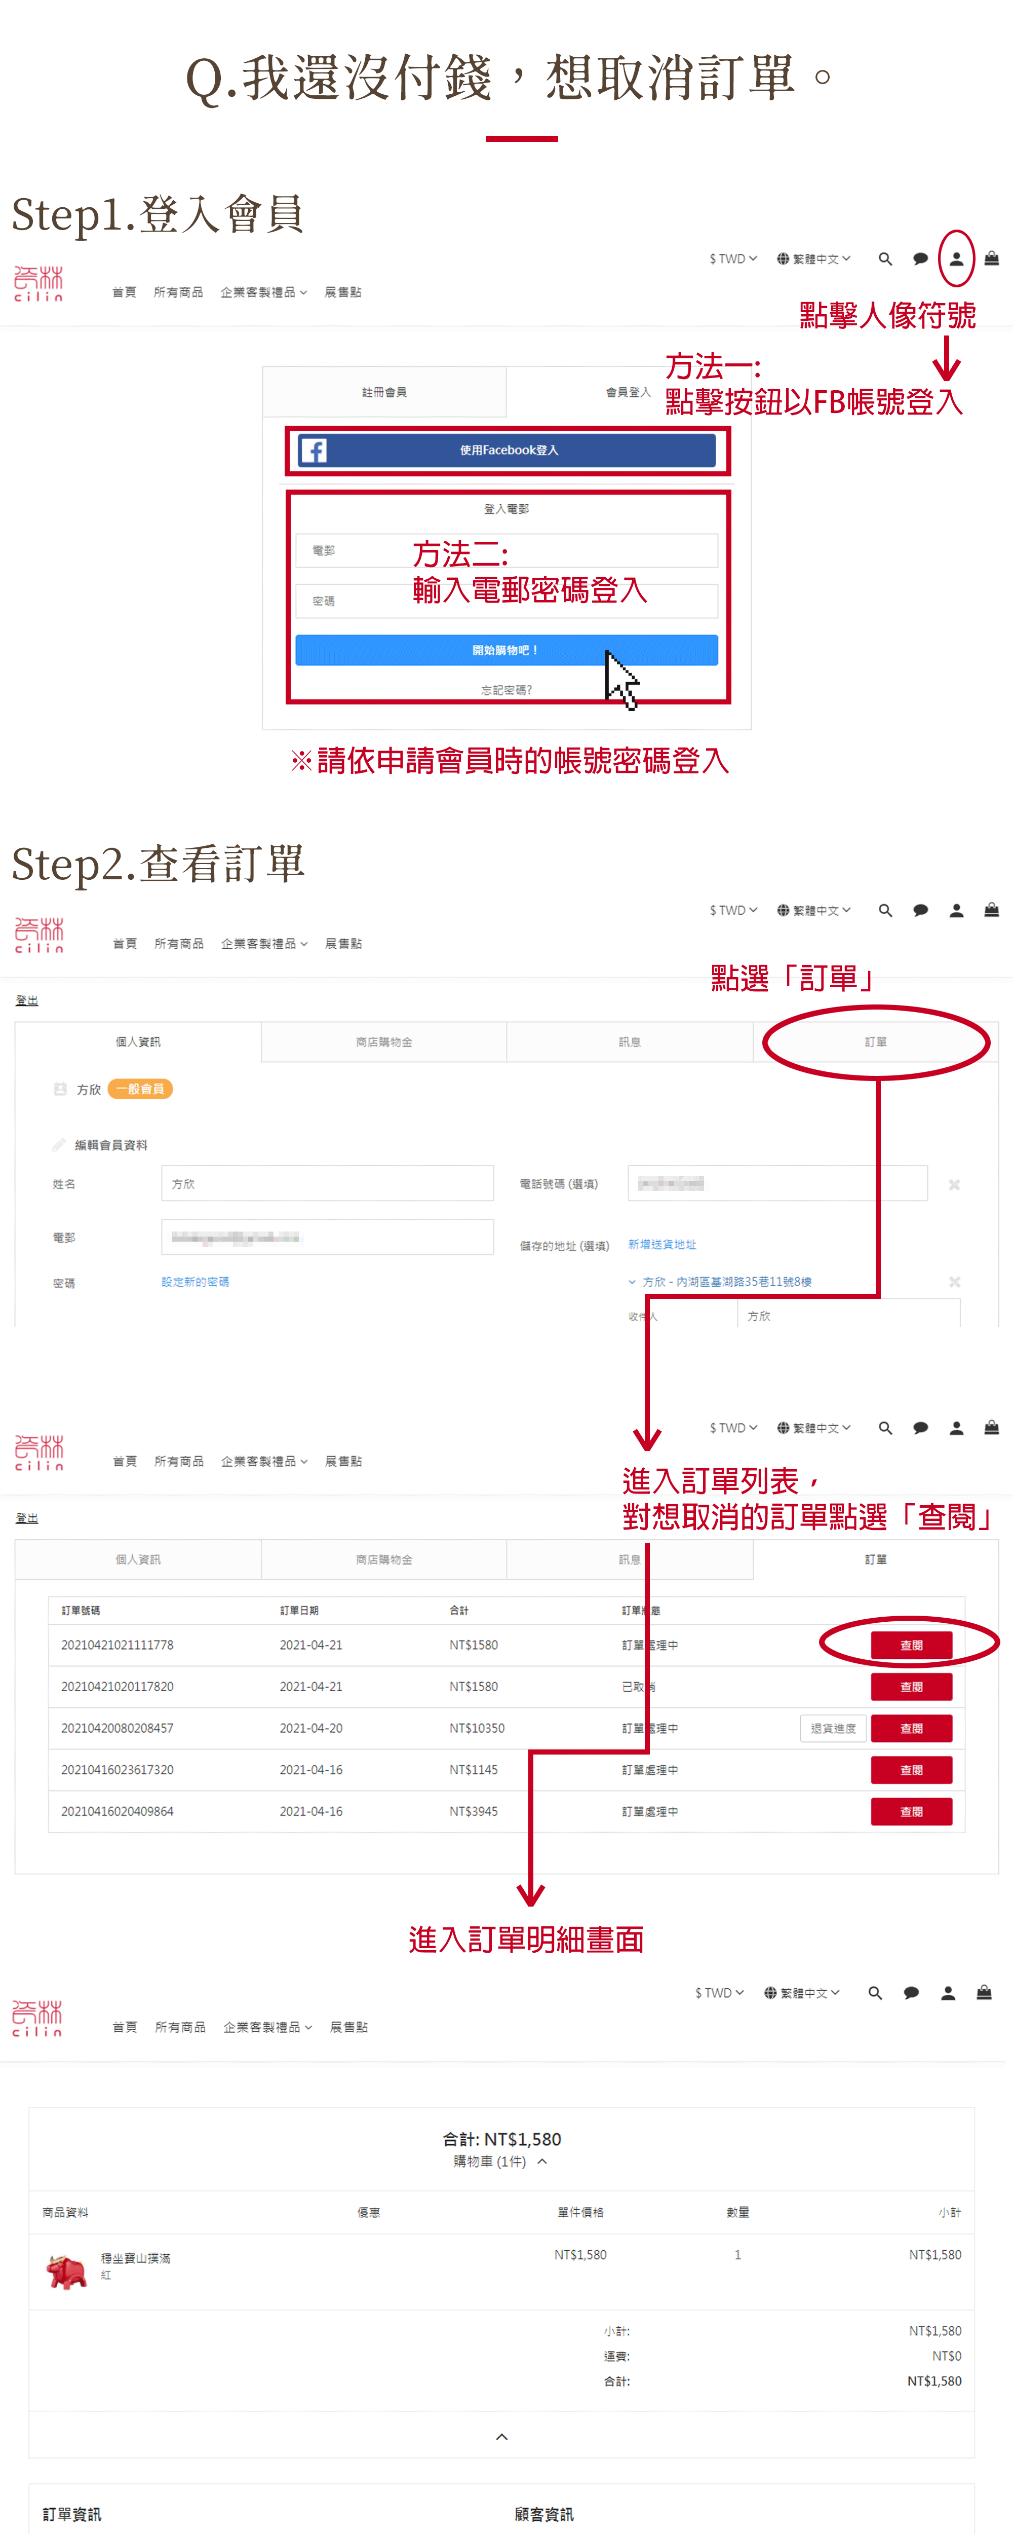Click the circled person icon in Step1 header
tap(956, 258)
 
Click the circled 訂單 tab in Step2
tap(875, 1042)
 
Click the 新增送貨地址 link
tap(662, 1244)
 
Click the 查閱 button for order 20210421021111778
tap(911, 1645)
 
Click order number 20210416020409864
tap(117, 1811)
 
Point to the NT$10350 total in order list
tap(477, 1728)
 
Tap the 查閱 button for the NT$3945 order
tap(911, 1811)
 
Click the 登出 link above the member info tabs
tap(26, 1000)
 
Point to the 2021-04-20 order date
tap(311, 1728)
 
